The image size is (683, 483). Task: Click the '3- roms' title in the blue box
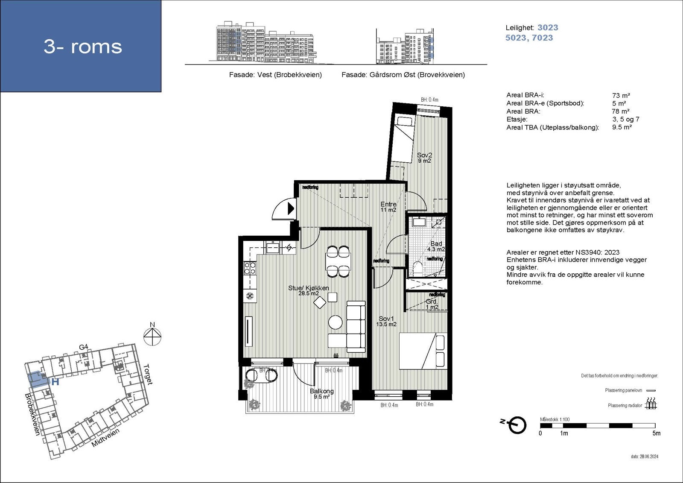[x=83, y=46]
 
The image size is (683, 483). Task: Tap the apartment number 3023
[x=548, y=27]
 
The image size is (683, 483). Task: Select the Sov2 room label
[x=424, y=158]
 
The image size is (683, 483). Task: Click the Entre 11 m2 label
[x=388, y=207]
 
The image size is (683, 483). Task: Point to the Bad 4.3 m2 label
[x=436, y=246]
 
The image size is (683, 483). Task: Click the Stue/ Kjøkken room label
[x=308, y=290]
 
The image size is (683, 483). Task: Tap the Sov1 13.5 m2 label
[x=386, y=322]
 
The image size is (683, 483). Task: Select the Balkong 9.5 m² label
[x=322, y=393]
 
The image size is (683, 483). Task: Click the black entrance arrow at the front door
[x=291, y=208]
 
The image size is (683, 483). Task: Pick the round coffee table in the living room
[x=335, y=322]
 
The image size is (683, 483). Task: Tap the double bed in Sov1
[x=422, y=351]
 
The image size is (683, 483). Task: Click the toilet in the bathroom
[x=418, y=269]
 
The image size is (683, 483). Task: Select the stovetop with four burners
[x=249, y=268]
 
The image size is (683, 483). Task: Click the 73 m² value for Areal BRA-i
[x=621, y=96]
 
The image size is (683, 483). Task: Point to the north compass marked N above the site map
[x=152, y=335]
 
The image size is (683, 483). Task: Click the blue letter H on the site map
[x=55, y=382]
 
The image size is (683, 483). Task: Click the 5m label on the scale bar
[x=656, y=433]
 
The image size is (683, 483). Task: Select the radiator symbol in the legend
[x=651, y=404]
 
